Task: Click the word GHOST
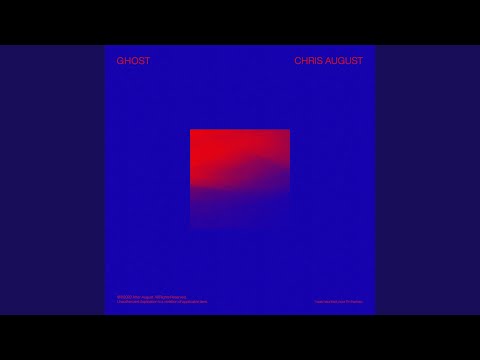[133, 61]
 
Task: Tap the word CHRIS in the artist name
[310, 61]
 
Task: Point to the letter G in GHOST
[120, 61]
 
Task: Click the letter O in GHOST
[133, 61]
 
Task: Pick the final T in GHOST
[147, 61]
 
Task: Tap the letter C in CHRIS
[297, 61]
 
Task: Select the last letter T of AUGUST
[361, 61]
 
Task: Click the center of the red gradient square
[240, 179]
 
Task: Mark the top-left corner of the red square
[191, 130]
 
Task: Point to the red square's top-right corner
[289, 130]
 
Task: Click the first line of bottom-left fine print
[149, 296]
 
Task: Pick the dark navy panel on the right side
[427, 180]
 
